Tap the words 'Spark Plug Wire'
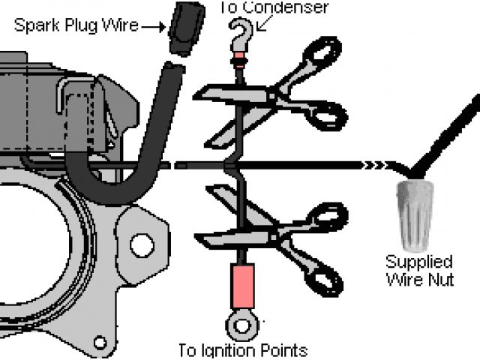pos(76,25)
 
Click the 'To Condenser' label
pos(274,7)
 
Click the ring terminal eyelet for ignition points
pos(240,325)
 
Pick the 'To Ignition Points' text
pos(242,350)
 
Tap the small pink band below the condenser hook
pos(239,59)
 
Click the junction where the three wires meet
pos(238,164)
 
